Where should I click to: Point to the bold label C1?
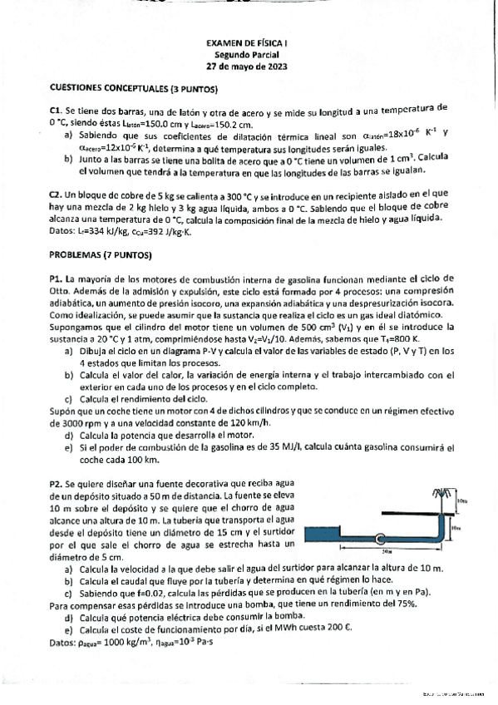[56, 109]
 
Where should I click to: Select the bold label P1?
[56, 278]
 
